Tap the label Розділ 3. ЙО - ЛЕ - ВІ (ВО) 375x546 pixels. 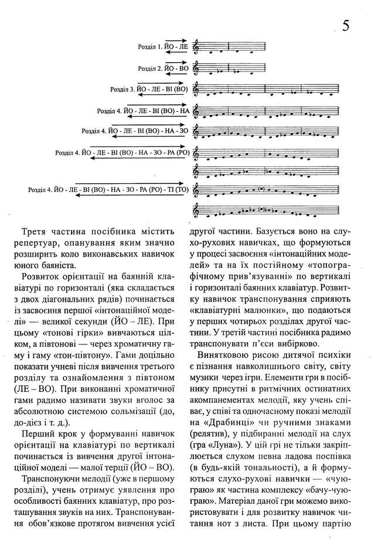coord(149,89)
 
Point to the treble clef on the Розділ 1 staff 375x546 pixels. coord(197,46)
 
